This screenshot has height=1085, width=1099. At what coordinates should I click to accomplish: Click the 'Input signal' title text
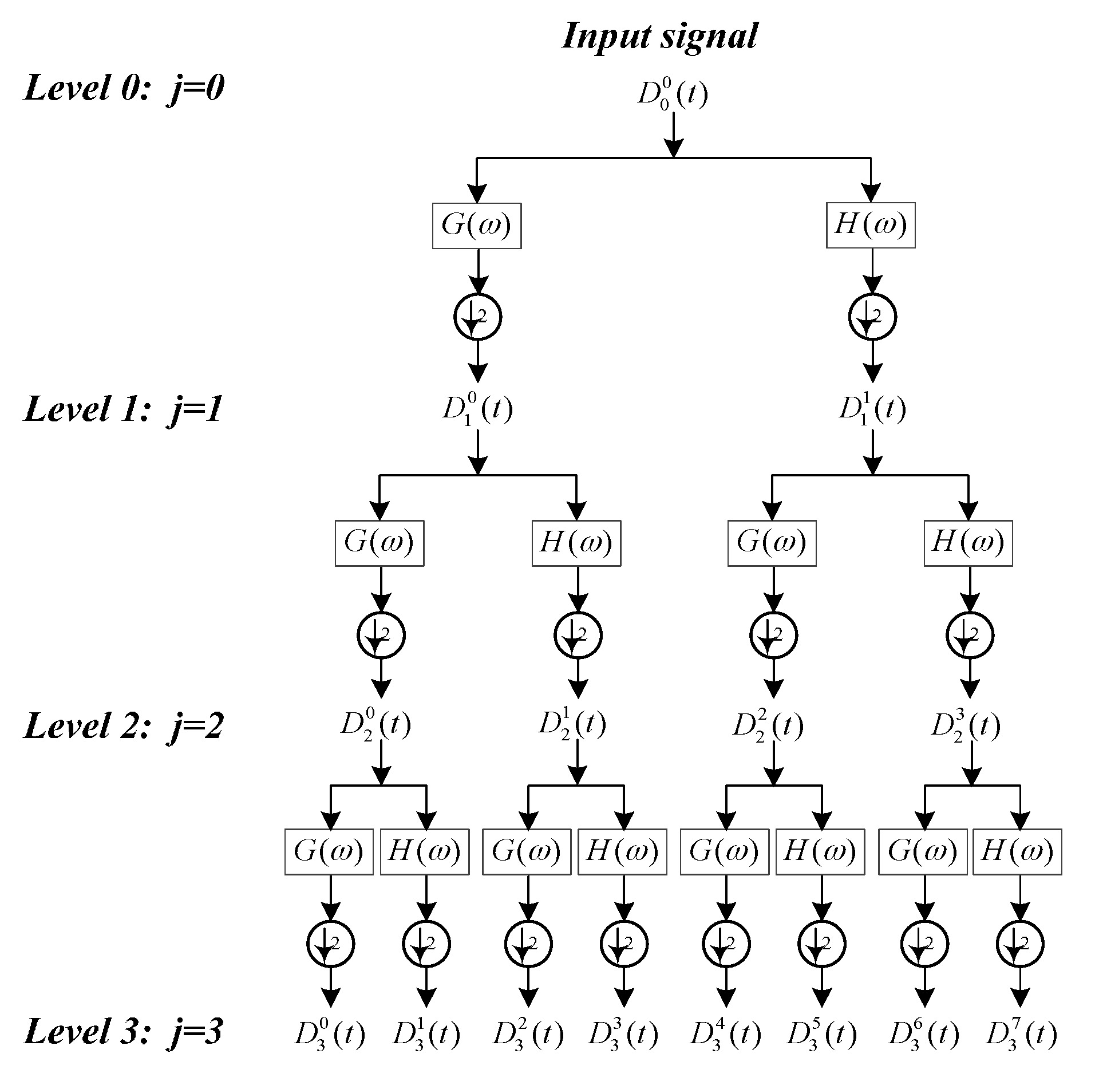(660, 37)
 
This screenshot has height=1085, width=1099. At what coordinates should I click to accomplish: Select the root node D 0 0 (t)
(673, 94)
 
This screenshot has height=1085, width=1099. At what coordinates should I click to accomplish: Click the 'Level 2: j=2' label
(123, 725)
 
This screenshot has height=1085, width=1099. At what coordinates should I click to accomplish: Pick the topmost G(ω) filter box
(476, 226)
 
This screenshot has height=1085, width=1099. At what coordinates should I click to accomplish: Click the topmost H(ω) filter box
(871, 225)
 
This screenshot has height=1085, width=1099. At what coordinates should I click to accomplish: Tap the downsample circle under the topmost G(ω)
(477, 317)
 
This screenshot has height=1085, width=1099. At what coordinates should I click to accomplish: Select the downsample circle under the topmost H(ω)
(872, 317)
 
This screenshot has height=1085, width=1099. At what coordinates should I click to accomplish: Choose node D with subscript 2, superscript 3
(966, 725)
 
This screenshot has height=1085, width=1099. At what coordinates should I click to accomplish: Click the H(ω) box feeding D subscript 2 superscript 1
(576, 543)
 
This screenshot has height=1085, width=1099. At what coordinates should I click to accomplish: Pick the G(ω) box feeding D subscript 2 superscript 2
(772, 543)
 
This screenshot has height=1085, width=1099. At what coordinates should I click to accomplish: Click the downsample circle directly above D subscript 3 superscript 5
(821, 944)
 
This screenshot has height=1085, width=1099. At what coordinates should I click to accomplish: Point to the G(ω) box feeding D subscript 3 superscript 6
(923, 851)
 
